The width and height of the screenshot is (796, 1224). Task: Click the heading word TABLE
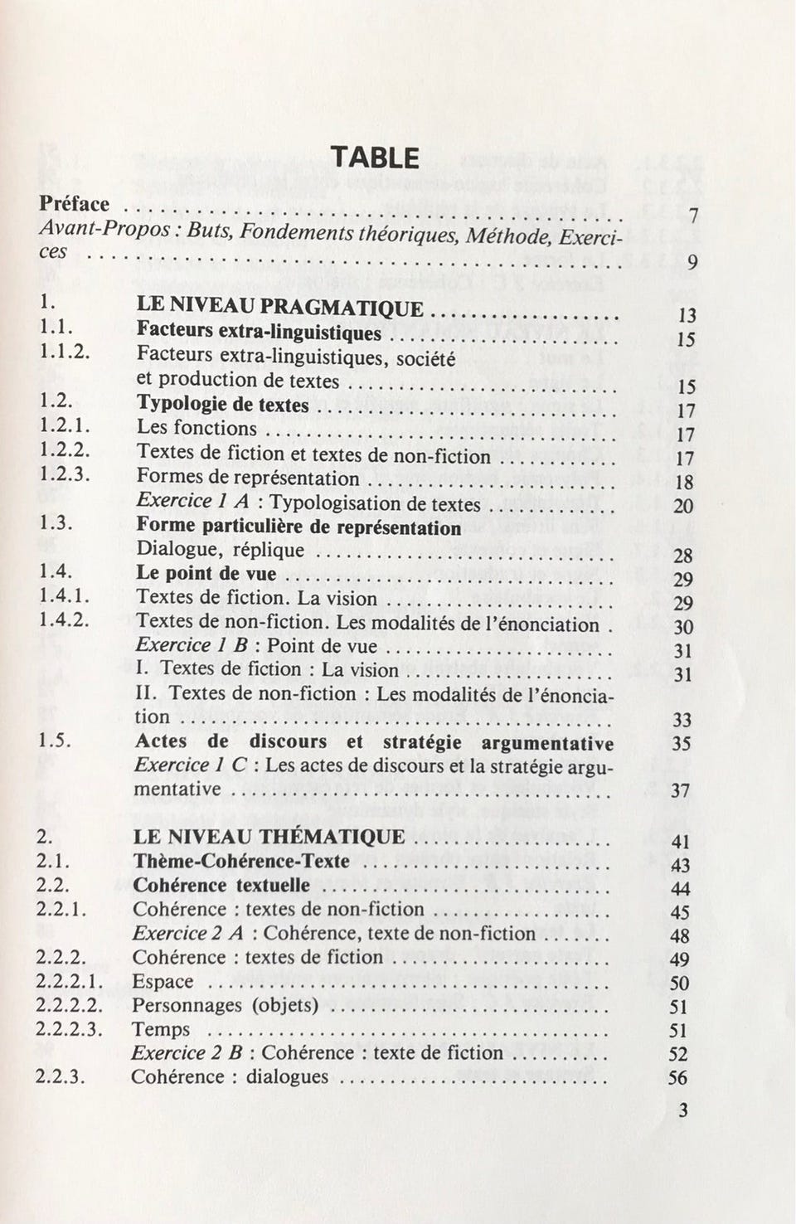point(375,157)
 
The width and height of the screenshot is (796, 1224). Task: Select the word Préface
point(75,204)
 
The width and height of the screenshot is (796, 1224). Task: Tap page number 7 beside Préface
point(693,217)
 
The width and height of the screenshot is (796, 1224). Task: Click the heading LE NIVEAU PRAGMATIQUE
point(280,308)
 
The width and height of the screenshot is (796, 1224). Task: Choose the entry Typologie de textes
point(222,405)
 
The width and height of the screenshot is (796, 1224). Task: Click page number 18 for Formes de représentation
point(684,483)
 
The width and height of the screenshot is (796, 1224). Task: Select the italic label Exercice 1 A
point(192,502)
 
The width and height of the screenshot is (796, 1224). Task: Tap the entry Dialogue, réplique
point(221,550)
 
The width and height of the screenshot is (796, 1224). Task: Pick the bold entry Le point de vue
point(206,574)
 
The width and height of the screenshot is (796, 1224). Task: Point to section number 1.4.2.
point(64,620)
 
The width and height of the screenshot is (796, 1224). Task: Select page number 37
point(680,790)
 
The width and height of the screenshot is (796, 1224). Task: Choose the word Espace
point(163,982)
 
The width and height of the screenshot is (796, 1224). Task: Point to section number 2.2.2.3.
point(70,1029)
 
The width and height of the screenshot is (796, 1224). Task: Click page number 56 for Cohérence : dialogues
point(677,1078)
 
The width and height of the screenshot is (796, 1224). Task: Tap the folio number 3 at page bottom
point(682,1111)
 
